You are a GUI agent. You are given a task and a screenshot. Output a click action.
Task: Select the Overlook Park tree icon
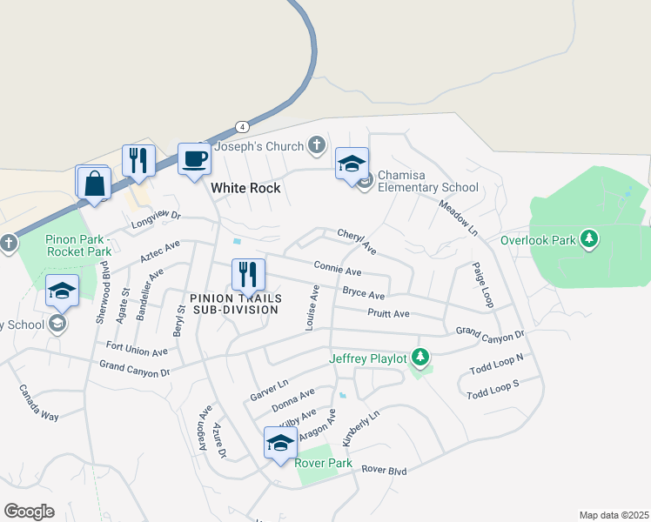(589, 238)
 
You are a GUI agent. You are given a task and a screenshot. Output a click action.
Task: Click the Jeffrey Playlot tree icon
(420, 357)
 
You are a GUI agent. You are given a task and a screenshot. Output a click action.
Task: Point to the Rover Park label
(324, 463)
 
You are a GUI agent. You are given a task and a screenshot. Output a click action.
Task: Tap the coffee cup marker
(194, 160)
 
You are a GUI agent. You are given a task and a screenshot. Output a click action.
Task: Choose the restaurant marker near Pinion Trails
(248, 276)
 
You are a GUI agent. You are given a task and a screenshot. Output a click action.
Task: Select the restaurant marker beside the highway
(138, 161)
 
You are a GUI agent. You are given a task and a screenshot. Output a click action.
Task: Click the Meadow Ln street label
(458, 218)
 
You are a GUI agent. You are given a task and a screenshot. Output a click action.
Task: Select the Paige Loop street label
(482, 284)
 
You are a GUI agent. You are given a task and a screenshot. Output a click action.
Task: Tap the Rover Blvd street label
(385, 471)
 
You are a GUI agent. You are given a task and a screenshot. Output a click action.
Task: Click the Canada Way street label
(39, 404)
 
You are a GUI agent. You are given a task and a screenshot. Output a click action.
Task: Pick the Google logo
(30, 511)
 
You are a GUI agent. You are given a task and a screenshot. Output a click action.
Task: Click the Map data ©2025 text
(613, 515)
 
